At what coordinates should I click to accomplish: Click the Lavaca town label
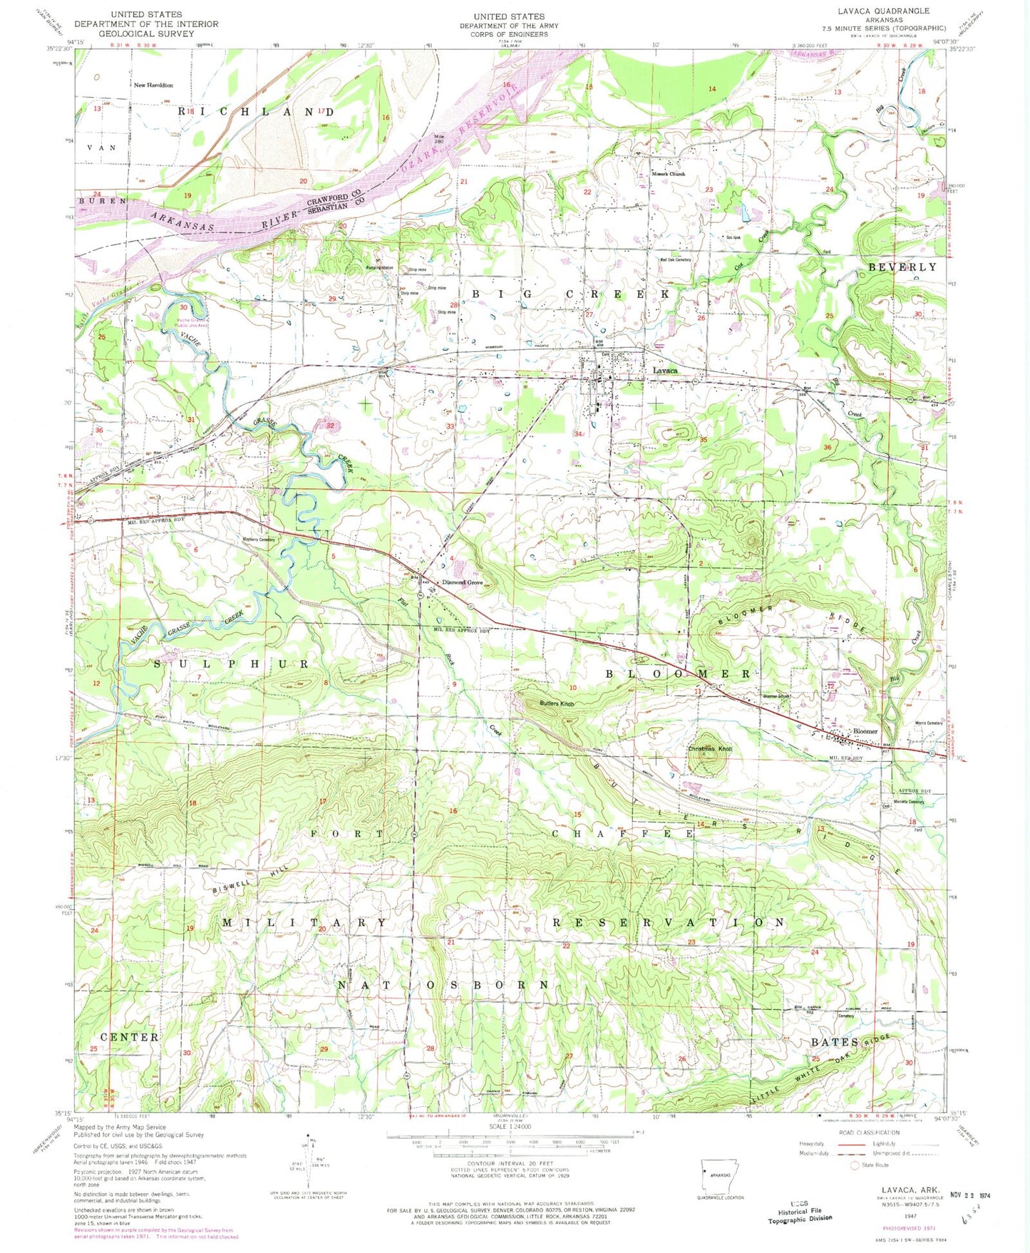pos(664,371)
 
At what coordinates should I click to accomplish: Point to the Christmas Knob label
pos(710,749)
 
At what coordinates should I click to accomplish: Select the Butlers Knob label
pos(556,704)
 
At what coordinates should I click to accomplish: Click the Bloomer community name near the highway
pos(865,731)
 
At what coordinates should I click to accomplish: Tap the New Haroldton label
pos(153,85)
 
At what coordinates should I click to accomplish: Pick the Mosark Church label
pos(667,174)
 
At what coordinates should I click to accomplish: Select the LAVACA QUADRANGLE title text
pos(885,11)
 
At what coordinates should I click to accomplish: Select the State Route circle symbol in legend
pos(855,1165)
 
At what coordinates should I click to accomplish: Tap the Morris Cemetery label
pos(928,723)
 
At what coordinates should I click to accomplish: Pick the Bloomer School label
pos(776,696)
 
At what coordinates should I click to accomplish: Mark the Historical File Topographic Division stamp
pos(800,1211)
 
